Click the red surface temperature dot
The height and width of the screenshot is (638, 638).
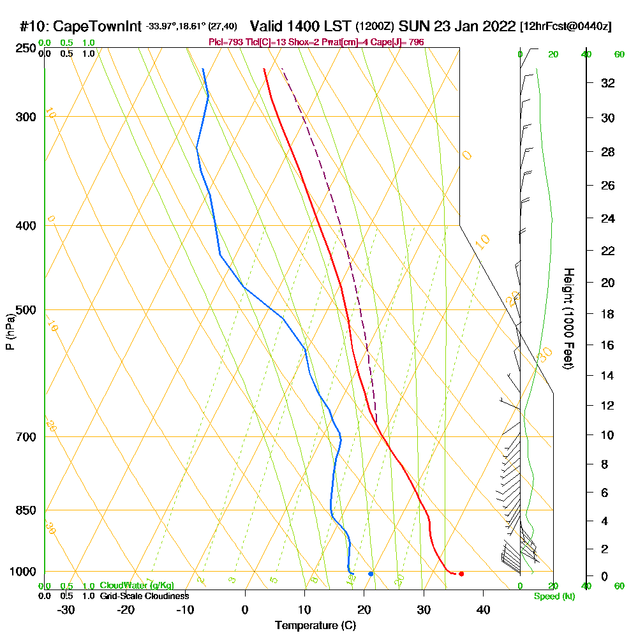(x=461, y=574)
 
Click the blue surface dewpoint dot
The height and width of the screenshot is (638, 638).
(x=371, y=574)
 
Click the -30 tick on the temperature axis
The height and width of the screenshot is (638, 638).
(x=66, y=609)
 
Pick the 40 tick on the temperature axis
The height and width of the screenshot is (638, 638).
(x=483, y=609)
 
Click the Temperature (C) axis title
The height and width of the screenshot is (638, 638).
(x=315, y=626)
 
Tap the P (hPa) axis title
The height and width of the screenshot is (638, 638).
(x=10, y=331)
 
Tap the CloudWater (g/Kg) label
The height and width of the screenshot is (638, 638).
(x=137, y=586)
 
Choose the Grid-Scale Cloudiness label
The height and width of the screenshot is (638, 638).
(x=144, y=596)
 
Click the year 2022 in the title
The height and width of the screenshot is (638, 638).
(x=498, y=27)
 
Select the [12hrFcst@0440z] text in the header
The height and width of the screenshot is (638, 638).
(x=566, y=27)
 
